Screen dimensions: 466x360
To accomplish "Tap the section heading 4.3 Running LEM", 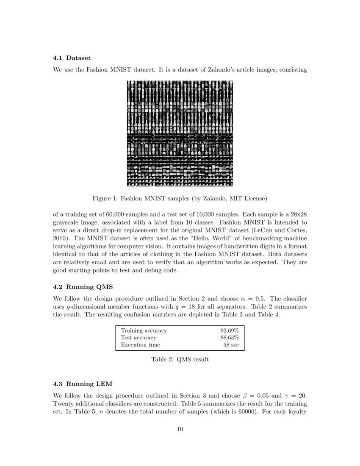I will (83, 384).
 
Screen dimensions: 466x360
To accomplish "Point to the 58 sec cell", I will (231, 345).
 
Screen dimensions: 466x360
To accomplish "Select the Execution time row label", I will (140, 345).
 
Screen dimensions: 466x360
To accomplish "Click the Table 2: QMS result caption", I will (180, 359).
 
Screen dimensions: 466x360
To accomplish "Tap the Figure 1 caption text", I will (180, 198).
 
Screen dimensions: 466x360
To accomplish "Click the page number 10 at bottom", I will (180, 430).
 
